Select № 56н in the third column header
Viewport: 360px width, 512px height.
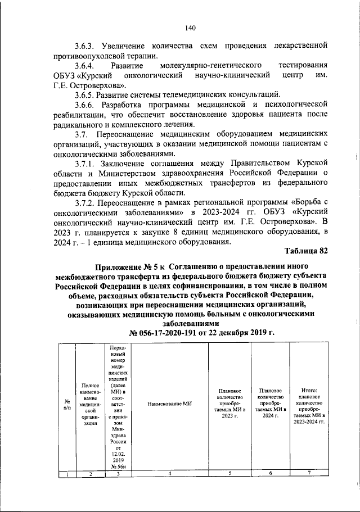(x=118, y=466)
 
